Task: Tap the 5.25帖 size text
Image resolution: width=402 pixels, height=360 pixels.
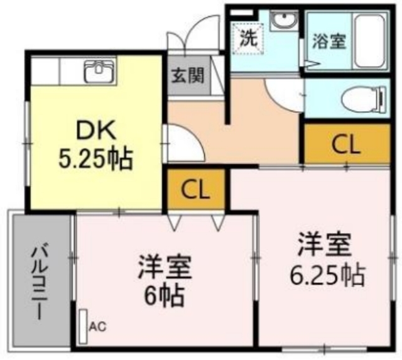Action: click(96, 158)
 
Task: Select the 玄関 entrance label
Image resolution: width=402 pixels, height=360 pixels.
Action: click(188, 75)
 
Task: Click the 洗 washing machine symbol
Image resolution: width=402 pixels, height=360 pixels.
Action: click(247, 38)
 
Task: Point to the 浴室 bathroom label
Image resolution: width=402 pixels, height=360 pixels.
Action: click(329, 41)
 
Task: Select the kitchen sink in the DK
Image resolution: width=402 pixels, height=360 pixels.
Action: click(99, 71)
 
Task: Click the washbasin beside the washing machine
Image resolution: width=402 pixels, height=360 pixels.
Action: click(284, 21)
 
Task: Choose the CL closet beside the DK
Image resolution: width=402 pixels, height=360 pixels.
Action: click(195, 190)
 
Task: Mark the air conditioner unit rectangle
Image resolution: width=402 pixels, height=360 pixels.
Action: click(83, 327)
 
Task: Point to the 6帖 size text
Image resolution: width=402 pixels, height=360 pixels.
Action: click(164, 297)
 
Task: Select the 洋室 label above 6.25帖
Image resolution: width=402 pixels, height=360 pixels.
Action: click(324, 244)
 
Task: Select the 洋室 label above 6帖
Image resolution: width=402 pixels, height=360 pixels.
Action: click(165, 267)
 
